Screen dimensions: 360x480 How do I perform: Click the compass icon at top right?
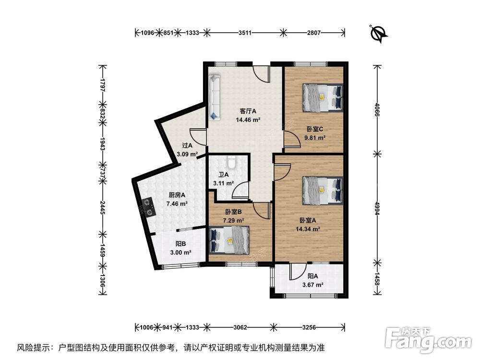(x=379, y=33)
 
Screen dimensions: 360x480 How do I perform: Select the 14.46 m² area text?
(x=248, y=120)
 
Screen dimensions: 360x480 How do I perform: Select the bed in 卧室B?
(x=230, y=240)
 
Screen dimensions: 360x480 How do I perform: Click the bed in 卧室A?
(x=323, y=190)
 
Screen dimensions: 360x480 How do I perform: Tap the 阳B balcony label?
(x=180, y=243)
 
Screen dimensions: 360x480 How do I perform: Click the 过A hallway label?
(x=187, y=145)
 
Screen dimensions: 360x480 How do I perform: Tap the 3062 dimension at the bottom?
(x=240, y=327)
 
